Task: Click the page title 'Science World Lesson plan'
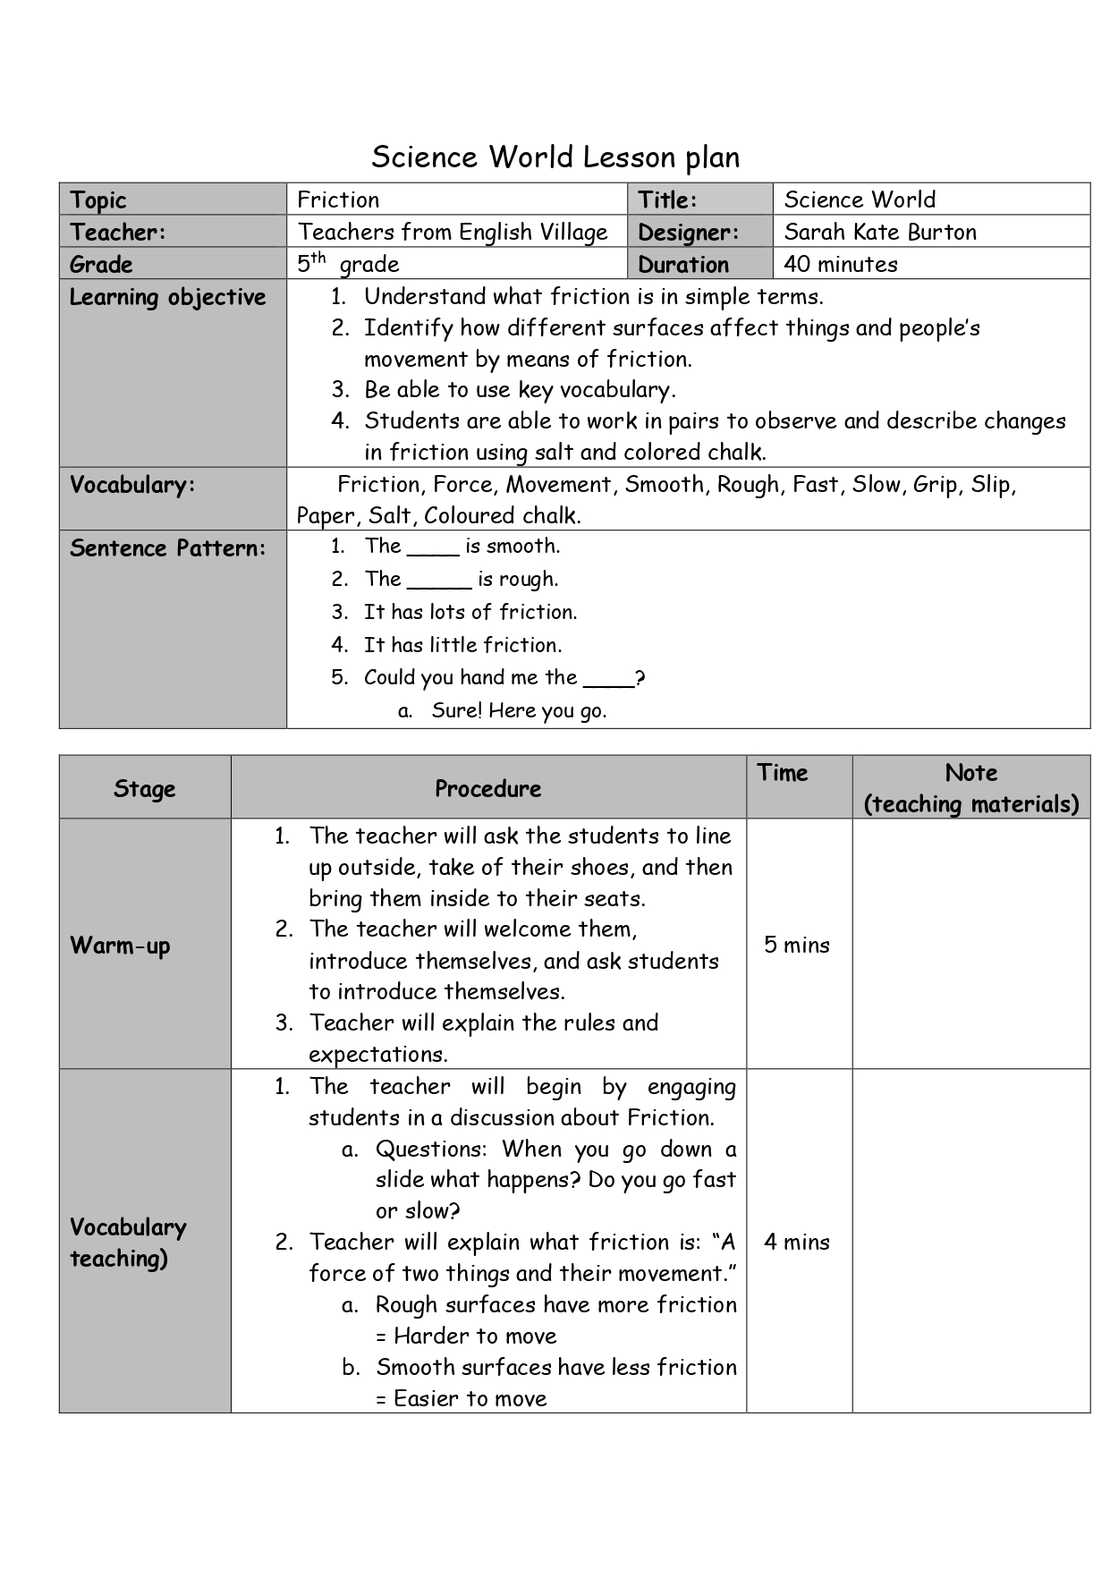coord(555,157)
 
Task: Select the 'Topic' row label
coord(98,199)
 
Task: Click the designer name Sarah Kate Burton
coord(880,232)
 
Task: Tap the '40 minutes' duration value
coord(841,264)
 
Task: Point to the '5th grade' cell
coord(348,264)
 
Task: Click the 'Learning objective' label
coord(168,297)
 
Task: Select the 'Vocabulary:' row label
coord(132,485)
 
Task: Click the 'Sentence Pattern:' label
coord(168,547)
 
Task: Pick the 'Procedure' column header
coord(487,788)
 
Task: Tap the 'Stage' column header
coord(144,788)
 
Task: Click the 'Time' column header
coord(782,773)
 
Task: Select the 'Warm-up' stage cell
coord(120,946)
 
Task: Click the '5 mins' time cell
coord(797,946)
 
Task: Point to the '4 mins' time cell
coord(797,1242)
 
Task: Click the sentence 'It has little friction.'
coord(462,645)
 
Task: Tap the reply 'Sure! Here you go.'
coord(519,711)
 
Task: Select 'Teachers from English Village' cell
coord(453,232)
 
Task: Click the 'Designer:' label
coord(689,232)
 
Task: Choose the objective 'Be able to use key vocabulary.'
coord(519,390)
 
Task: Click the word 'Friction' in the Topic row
coord(338,199)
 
